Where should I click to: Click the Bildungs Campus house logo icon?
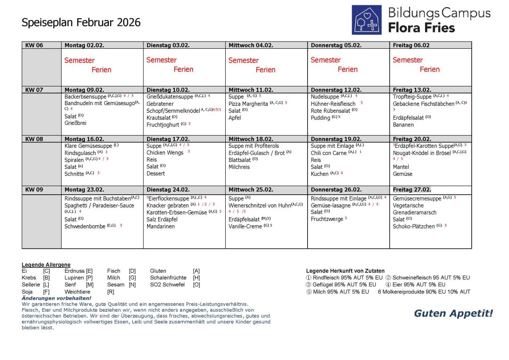(x=367, y=20)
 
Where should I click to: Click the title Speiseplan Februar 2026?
(x=81, y=22)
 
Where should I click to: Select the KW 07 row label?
(x=34, y=90)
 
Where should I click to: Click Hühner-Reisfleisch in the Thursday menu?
(x=333, y=103)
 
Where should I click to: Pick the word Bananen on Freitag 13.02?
(x=403, y=125)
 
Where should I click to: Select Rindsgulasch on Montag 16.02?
(x=80, y=153)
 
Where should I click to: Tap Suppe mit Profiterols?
(x=254, y=146)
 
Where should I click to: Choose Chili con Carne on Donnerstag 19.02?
(x=329, y=153)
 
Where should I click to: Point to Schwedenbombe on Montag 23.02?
(x=85, y=226)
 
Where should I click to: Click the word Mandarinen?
(x=160, y=226)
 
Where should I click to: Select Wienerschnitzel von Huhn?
(x=259, y=206)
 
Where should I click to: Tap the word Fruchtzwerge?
(x=327, y=219)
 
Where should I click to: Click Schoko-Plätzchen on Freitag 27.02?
(x=414, y=226)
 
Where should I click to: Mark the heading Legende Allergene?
(x=46, y=265)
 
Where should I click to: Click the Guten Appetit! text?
(x=453, y=313)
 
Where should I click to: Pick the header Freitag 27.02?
(x=412, y=190)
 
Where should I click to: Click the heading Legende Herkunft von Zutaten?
(x=345, y=271)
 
